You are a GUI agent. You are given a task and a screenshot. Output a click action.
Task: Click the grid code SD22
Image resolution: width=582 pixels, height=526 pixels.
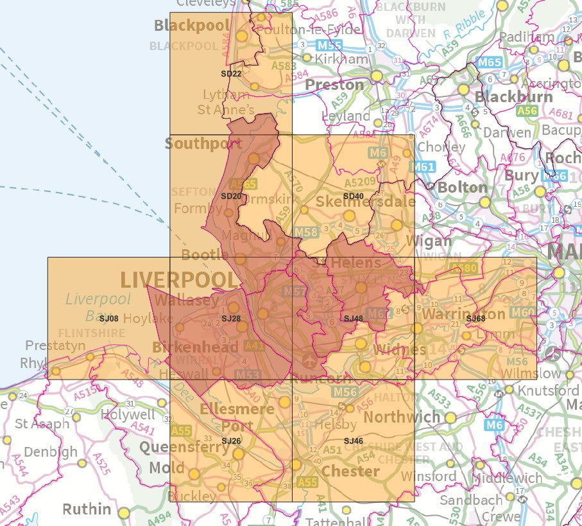tap(231, 74)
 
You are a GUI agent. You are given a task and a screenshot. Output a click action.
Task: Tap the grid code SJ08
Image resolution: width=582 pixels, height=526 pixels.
tap(109, 318)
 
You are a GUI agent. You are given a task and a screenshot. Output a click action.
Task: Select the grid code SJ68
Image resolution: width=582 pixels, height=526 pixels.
tap(475, 319)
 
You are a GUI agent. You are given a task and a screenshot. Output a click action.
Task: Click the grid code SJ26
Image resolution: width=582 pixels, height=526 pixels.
tap(231, 441)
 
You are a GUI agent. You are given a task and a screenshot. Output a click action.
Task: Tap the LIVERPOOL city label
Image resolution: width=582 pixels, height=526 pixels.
tap(178, 280)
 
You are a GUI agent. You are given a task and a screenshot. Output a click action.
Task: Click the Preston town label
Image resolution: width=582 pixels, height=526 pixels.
tap(334, 85)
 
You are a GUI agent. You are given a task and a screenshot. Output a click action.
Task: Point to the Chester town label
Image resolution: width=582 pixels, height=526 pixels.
tap(350, 471)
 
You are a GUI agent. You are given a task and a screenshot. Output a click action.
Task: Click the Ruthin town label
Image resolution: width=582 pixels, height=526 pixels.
tap(87, 509)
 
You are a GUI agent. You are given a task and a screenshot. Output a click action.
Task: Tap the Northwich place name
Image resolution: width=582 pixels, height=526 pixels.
tap(402, 416)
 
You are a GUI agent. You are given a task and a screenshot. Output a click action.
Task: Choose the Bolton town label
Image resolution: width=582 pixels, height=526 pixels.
tap(462, 188)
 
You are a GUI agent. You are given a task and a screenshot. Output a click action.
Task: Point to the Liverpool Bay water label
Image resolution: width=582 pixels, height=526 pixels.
tap(98, 307)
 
